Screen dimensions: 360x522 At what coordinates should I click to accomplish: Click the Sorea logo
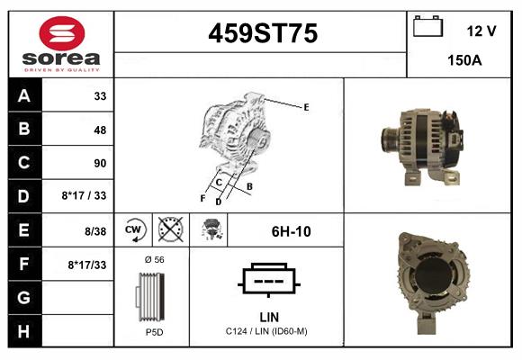click(61, 45)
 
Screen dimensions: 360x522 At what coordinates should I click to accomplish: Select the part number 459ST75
click(263, 34)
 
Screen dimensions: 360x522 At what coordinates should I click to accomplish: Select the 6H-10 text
click(291, 232)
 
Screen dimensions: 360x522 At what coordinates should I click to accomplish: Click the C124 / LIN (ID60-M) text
click(267, 332)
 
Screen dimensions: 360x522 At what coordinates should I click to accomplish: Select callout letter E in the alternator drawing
click(306, 107)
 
